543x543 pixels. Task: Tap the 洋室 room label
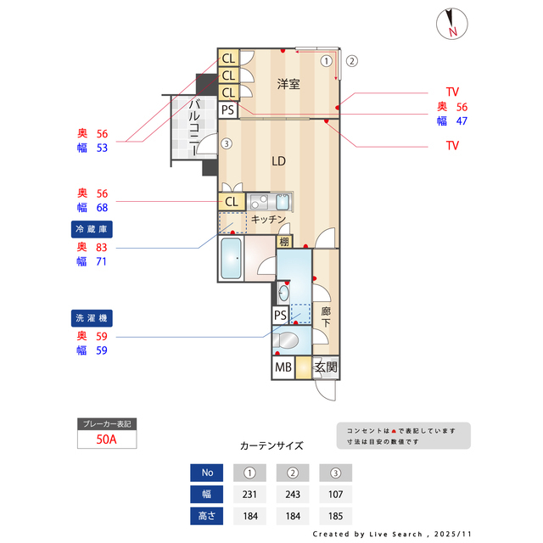coord(289,84)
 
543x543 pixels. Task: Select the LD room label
coord(277,160)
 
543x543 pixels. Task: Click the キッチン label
coord(268,219)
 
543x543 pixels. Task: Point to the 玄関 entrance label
coord(326,368)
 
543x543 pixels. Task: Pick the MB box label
coord(283,368)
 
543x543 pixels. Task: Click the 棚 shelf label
coord(284,243)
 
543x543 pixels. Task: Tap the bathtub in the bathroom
coord(231,259)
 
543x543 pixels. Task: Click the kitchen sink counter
coord(270,202)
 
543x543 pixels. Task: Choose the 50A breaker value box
coord(106,439)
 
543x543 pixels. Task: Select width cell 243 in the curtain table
coord(292,495)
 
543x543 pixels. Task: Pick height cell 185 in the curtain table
coord(335,516)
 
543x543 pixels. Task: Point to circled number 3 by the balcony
coord(226,144)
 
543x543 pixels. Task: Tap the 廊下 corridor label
coord(326,317)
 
